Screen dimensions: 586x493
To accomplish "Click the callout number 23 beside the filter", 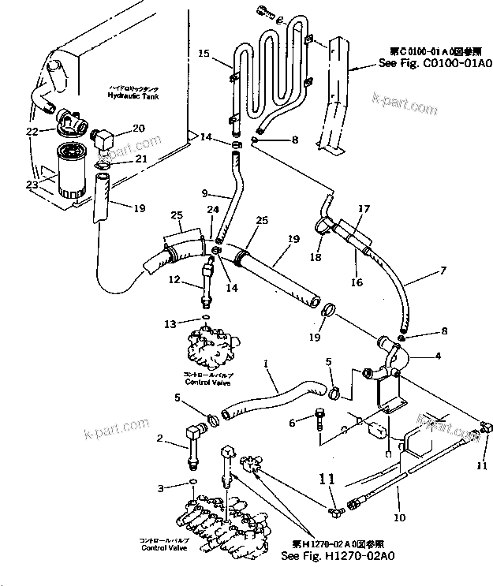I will pos(32,185).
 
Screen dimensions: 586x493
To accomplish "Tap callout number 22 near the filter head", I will pos(32,131).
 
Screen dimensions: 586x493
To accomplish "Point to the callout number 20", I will pos(138,128).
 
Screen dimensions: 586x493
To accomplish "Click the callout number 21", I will pos(140,159).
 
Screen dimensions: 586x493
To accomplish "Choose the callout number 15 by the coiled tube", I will pos(203,54).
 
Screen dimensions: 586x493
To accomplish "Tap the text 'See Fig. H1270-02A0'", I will pos(338,556).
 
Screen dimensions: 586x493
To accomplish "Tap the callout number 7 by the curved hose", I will pos(443,270).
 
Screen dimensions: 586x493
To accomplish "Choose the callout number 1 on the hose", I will pos(269,364).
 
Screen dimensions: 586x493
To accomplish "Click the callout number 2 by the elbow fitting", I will pos(160,438).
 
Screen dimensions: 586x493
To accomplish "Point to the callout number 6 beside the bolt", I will pos(292,423).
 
